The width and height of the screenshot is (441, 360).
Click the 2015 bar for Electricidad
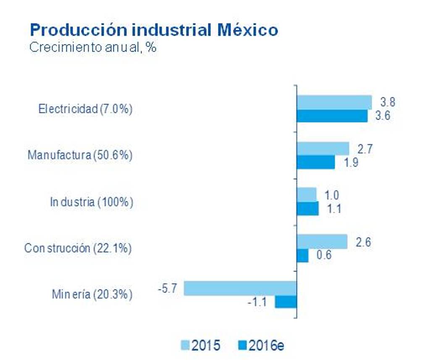(x=334, y=102)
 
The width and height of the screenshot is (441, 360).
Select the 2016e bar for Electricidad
(x=332, y=116)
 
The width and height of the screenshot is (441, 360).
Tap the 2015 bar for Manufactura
(x=323, y=149)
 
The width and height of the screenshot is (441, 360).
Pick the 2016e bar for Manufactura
(x=316, y=162)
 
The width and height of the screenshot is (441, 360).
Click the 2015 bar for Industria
(x=307, y=195)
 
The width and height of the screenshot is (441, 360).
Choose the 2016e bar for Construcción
(x=302, y=256)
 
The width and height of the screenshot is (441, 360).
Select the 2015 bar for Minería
(x=240, y=288)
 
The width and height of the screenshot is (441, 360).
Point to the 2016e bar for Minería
(x=286, y=302)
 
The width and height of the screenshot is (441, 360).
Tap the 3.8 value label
(x=388, y=102)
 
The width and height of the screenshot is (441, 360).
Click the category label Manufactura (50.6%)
(x=80, y=155)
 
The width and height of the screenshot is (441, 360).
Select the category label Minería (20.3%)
(x=92, y=295)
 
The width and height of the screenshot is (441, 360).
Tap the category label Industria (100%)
(x=92, y=202)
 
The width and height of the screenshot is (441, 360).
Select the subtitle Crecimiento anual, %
(x=92, y=47)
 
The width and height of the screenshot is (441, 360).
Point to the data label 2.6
(x=364, y=242)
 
